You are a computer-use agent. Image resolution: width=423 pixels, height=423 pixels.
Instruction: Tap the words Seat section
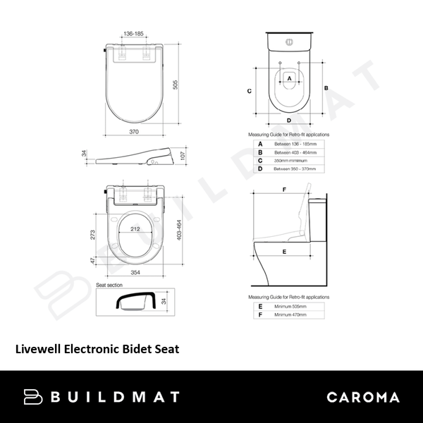(111, 284)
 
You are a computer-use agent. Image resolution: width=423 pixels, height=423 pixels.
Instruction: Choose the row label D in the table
(260, 168)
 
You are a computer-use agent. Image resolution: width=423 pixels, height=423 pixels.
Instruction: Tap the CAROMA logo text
(362, 397)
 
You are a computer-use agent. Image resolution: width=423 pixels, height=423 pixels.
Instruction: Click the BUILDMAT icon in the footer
(33, 397)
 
